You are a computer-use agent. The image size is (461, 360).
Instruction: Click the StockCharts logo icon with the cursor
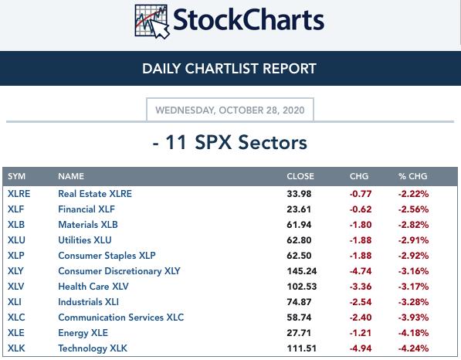click(151, 22)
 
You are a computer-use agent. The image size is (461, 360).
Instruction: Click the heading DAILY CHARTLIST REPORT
click(229, 69)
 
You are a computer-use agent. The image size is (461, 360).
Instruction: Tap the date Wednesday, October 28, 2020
click(230, 110)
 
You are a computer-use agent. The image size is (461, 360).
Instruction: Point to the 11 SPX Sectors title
click(230, 143)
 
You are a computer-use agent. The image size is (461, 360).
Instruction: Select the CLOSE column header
click(300, 176)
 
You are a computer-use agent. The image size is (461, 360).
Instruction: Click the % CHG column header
click(413, 176)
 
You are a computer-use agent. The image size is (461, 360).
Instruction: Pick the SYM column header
click(16, 176)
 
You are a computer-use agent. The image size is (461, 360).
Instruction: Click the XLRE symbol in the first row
click(19, 194)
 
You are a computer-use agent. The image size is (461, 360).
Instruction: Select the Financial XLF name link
click(86, 209)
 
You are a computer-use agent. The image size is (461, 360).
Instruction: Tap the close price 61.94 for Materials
click(299, 225)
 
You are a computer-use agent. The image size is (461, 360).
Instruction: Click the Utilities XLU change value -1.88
click(361, 240)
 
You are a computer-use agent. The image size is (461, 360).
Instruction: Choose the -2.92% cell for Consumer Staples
click(413, 256)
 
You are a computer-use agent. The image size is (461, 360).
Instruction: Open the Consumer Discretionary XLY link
click(119, 271)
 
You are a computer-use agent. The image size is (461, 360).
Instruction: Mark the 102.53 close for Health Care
click(302, 287)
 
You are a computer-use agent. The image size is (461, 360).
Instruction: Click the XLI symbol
click(15, 302)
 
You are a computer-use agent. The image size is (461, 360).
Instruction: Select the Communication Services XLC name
click(120, 318)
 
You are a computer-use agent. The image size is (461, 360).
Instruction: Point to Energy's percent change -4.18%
click(413, 333)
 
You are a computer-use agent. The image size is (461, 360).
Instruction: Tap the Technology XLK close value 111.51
click(302, 348)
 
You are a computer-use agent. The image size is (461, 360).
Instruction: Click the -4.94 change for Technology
click(361, 348)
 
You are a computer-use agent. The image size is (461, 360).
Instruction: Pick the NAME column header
click(71, 176)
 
